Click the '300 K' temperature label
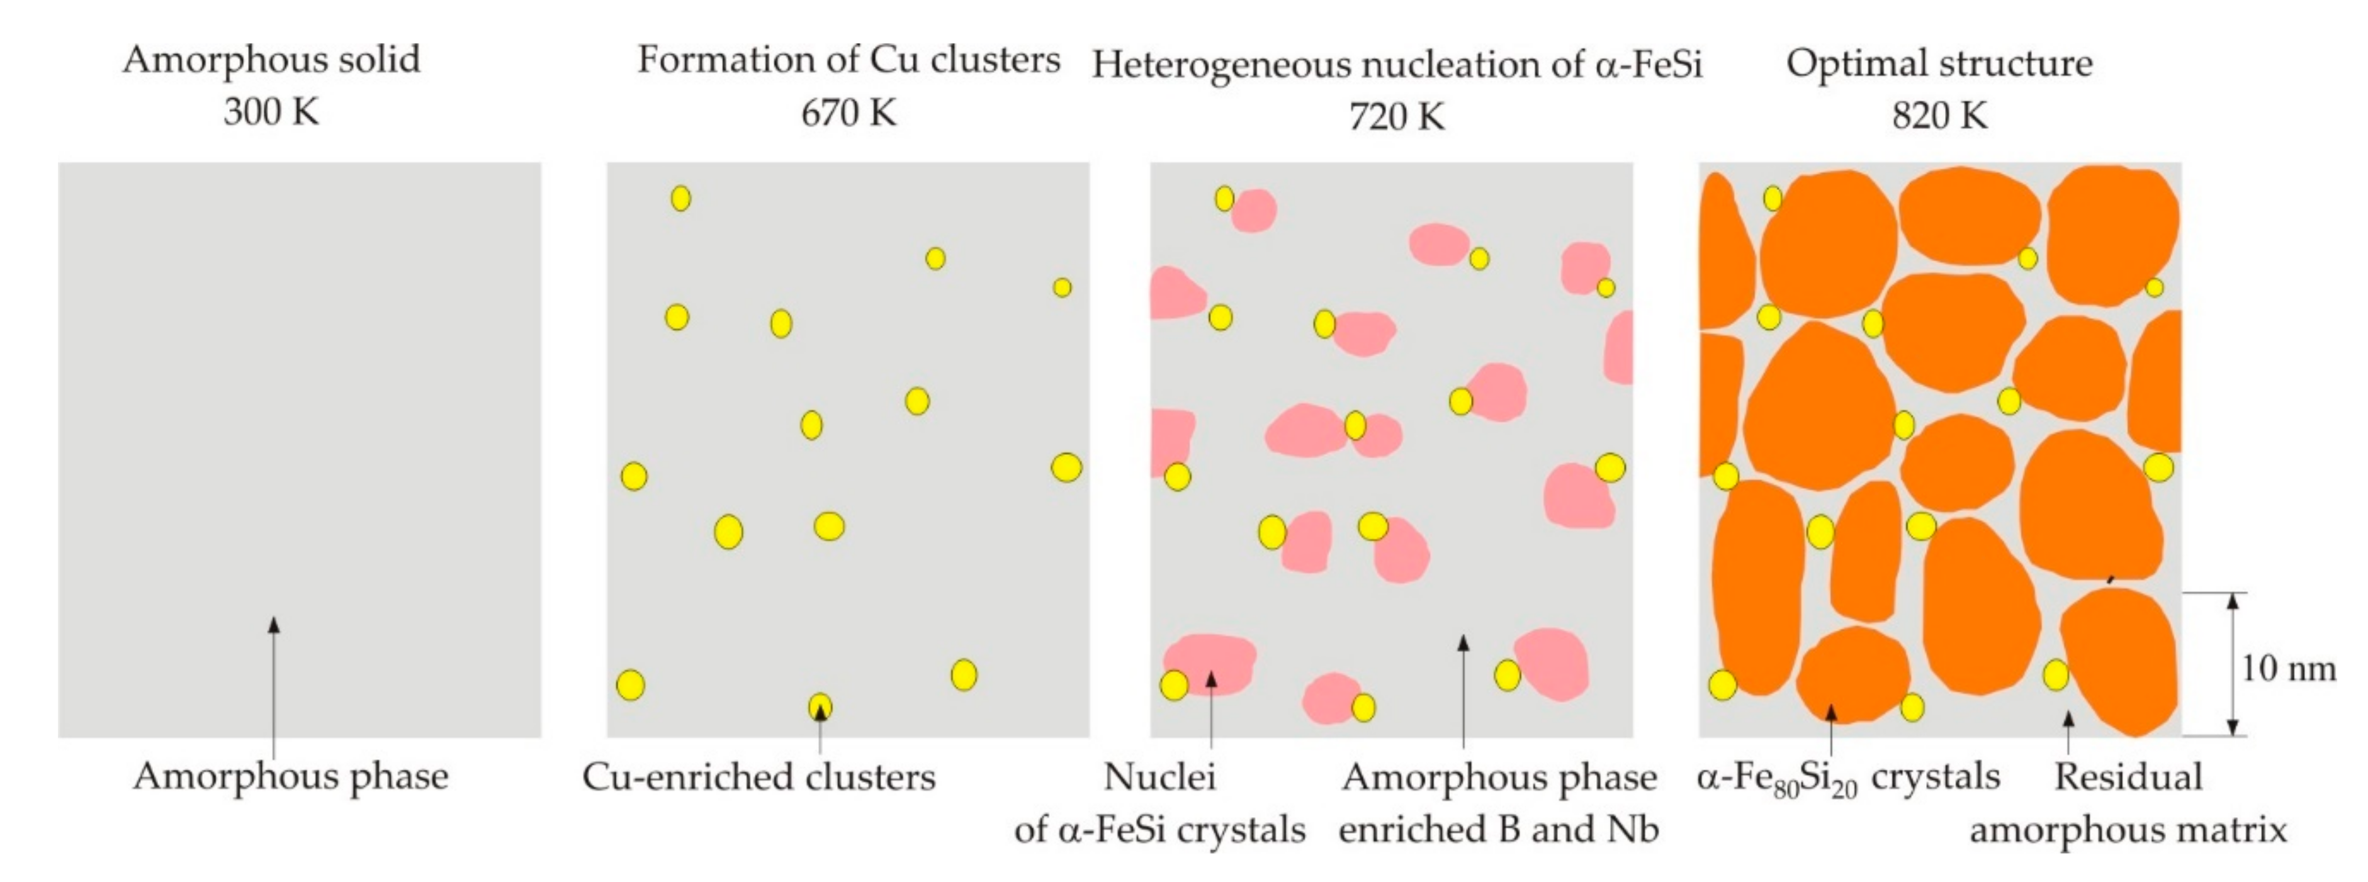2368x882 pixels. (x=271, y=112)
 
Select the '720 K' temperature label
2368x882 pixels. (x=1396, y=116)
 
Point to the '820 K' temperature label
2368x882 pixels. (x=1939, y=116)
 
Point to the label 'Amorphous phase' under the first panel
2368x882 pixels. (x=290, y=776)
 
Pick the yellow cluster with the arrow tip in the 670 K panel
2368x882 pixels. (x=820, y=706)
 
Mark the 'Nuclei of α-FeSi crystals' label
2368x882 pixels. (x=1160, y=803)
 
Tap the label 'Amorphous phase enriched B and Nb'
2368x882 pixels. (x=1498, y=803)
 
